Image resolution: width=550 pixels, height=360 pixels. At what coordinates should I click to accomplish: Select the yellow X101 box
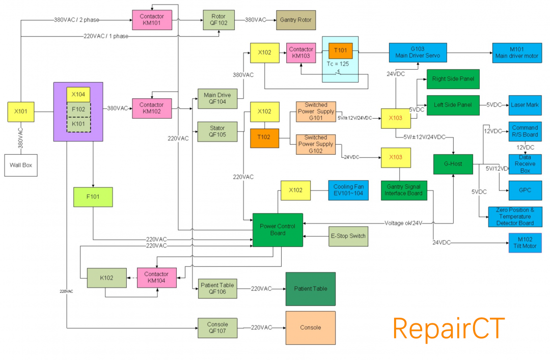(x=21, y=112)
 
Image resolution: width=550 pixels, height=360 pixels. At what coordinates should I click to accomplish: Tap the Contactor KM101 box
(x=151, y=20)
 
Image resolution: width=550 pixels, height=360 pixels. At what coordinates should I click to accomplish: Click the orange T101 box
(x=340, y=51)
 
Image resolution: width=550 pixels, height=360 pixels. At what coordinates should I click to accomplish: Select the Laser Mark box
(x=525, y=105)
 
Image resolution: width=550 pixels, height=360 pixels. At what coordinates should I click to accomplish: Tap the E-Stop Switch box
(x=348, y=236)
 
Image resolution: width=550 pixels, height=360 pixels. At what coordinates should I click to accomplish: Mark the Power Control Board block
(x=278, y=230)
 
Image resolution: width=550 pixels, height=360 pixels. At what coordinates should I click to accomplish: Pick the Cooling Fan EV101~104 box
(x=348, y=190)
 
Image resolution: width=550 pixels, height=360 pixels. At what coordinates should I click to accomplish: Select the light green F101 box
(x=93, y=197)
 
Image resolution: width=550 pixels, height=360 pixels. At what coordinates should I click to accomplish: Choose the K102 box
(x=106, y=278)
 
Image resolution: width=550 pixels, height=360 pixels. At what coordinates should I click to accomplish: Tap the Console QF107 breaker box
(x=217, y=327)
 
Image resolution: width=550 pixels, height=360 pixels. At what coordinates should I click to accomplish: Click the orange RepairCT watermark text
(x=448, y=328)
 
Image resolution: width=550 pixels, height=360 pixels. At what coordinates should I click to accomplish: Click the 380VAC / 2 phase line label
(x=76, y=20)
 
